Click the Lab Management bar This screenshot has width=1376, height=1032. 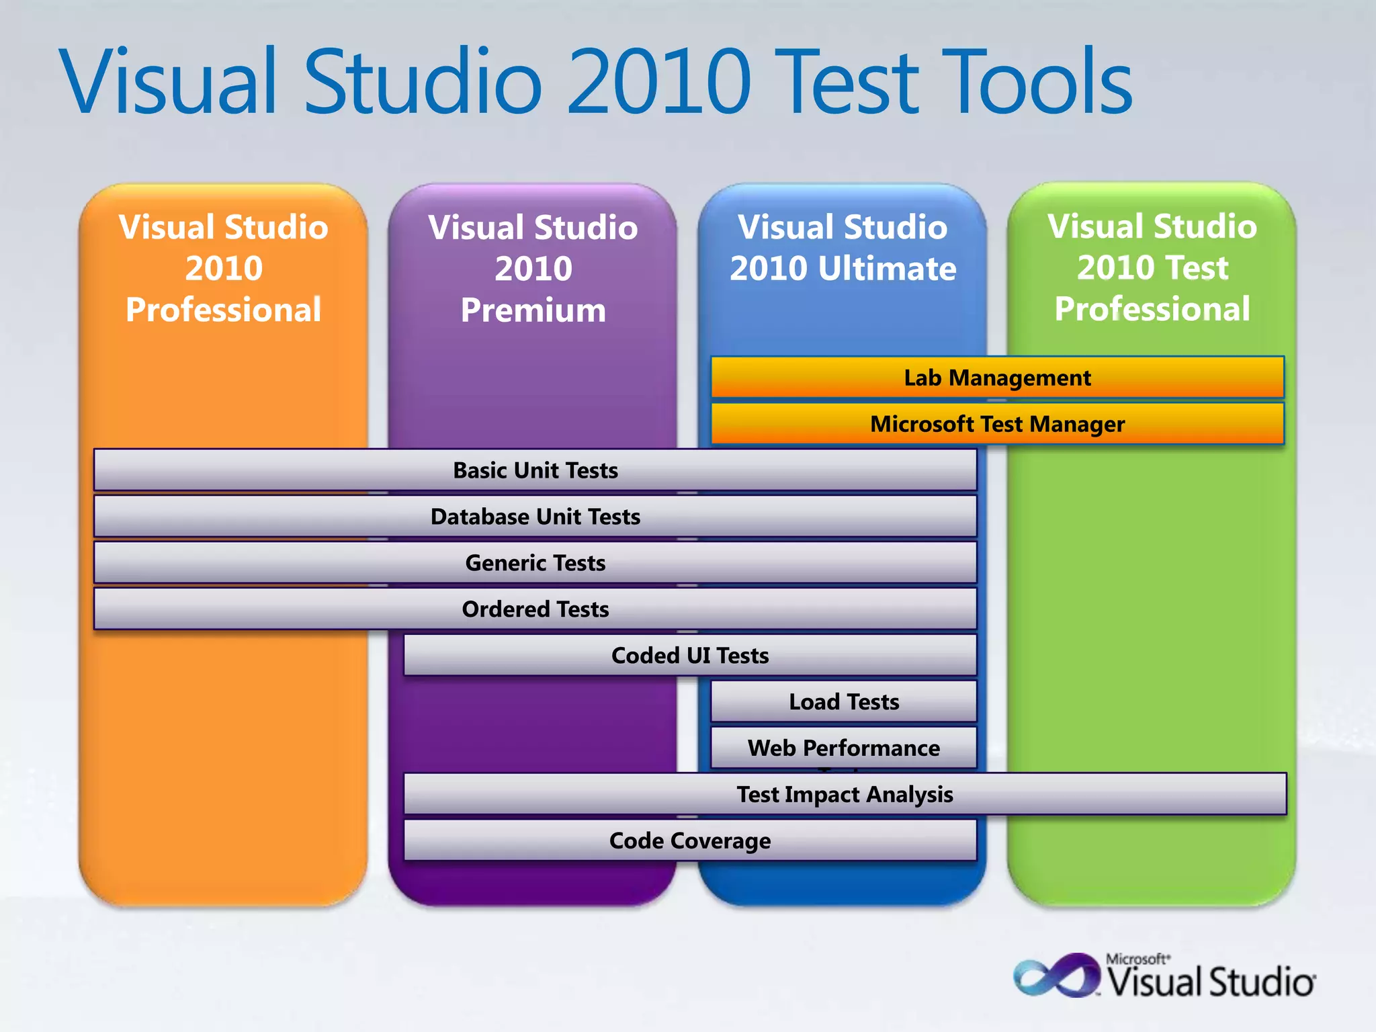(997, 378)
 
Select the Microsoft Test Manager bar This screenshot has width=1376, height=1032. (997, 424)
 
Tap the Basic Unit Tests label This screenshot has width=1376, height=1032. (535, 470)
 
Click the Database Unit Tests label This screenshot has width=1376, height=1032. (535, 517)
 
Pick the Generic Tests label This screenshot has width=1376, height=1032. (535, 563)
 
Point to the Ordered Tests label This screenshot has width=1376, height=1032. (535, 609)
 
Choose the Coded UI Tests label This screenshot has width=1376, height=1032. (690, 656)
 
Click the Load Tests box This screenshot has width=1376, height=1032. (844, 702)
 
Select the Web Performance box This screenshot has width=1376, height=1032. (844, 748)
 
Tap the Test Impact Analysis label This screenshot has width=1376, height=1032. (845, 794)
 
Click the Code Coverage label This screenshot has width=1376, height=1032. (690, 841)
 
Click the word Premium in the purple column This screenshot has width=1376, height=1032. (533, 310)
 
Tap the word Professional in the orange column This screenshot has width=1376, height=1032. (223, 310)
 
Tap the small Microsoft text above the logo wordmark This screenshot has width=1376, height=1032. (1137, 959)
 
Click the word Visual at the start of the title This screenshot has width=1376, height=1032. (168, 82)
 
